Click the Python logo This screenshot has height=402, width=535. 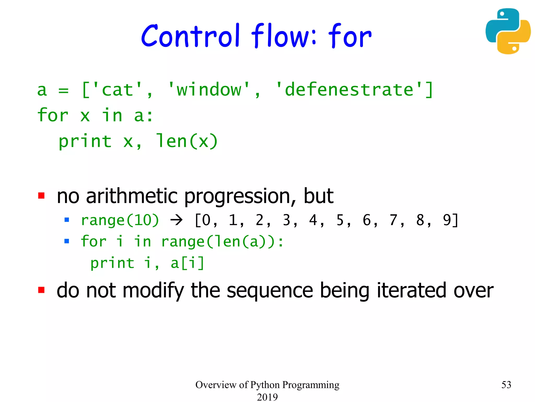[x=508, y=31]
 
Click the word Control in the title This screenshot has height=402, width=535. [x=190, y=36]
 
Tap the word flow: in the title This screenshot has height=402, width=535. [x=284, y=36]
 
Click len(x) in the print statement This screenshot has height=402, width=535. [x=187, y=142]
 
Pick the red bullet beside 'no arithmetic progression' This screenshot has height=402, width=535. [x=41, y=196]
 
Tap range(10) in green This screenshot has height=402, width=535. [x=120, y=220]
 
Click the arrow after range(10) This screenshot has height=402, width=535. [x=177, y=220]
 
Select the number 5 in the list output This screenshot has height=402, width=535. [x=340, y=220]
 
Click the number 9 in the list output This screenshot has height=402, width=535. [x=447, y=220]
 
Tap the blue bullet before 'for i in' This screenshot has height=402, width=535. [x=67, y=241]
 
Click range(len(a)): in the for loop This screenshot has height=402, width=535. [x=222, y=242]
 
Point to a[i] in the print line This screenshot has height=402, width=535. [x=187, y=263]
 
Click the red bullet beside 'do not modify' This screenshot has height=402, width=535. [x=41, y=290]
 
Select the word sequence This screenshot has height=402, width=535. [x=270, y=291]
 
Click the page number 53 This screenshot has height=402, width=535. [x=506, y=385]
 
